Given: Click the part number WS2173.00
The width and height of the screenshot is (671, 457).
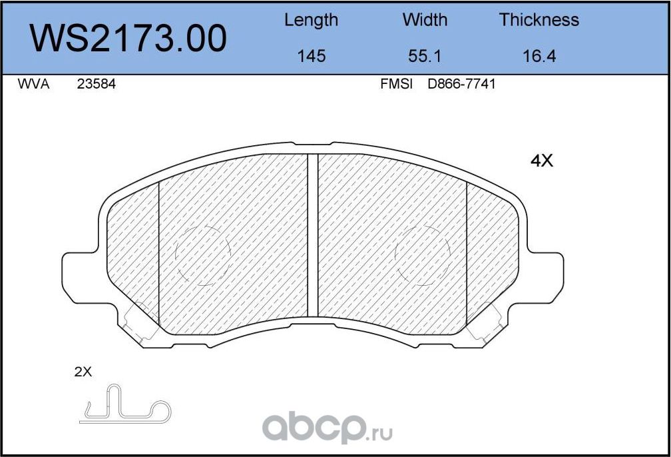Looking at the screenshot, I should (x=129, y=38).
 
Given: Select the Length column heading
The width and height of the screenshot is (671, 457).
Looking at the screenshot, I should (x=311, y=20).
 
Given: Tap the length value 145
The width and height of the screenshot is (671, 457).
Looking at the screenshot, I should (x=311, y=56).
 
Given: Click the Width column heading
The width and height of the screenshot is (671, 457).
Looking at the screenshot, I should (x=425, y=20).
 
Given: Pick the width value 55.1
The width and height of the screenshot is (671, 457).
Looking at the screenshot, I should (x=425, y=56).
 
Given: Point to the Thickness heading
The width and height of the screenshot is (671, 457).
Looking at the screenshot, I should (x=539, y=20).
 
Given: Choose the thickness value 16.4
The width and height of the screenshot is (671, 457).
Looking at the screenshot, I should (x=539, y=56).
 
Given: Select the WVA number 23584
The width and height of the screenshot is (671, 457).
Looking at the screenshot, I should (x=97, y=85).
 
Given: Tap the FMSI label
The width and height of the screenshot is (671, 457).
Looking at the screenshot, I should (x=396, y=85).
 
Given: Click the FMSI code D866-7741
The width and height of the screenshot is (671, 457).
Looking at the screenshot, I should (x=461, y=85).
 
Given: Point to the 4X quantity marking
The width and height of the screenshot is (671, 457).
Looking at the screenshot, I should (x=542, y=161).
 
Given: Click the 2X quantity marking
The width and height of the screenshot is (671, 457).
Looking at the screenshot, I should (x=83, y=372).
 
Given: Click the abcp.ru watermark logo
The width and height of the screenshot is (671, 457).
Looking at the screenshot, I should (x=326, y=426).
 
